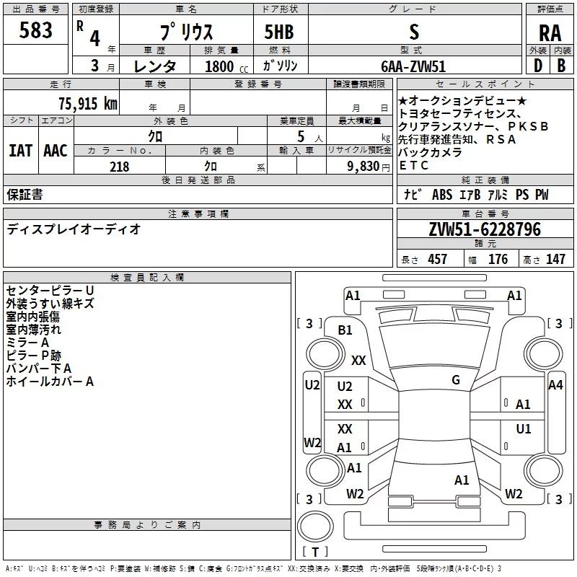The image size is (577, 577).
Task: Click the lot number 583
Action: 36,30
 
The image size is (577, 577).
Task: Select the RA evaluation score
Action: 550,33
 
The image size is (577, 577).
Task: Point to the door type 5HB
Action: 280,32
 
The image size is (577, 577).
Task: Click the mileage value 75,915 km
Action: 87,103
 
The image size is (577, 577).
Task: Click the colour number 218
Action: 119,167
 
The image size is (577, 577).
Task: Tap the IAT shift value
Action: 20,151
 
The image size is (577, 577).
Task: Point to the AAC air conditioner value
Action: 55,151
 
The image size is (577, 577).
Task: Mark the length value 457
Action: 437,260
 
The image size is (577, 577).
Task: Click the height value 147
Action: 555,260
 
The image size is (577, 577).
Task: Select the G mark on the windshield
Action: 455,380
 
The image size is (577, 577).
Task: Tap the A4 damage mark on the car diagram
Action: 555,385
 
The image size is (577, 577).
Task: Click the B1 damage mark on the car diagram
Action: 345,330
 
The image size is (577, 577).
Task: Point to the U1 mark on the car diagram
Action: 524,428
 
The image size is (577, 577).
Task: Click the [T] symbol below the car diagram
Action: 314,552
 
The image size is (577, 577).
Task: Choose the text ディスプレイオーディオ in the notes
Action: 74,229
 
